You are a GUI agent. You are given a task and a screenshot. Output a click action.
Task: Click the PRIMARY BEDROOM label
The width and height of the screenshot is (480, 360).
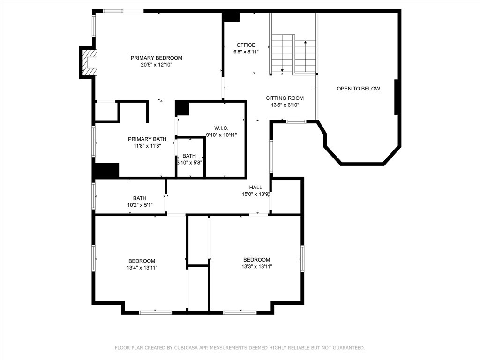pyautogui.click(x=156, y=58)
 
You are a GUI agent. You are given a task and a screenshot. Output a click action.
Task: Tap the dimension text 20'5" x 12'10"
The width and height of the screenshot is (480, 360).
pyautogui.click(x=156, y=65)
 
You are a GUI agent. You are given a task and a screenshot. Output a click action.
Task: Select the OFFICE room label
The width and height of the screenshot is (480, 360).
pyautogui.click(x=246, y=45)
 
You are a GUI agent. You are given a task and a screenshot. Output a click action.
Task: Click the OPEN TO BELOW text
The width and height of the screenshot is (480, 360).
pyautogui.click(x=358, y=89)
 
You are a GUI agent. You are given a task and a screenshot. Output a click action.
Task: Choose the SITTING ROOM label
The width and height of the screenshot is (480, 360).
pyautogui.click(x=285, y=98)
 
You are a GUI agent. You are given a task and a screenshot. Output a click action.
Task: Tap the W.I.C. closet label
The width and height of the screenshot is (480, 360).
pyautogui.click(x=221, y=127)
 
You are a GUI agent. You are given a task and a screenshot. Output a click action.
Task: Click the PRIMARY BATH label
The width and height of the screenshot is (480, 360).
pyautogui.click(x=147, y=139)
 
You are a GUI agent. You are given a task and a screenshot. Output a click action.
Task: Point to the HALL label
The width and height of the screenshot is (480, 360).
pyautogui.click(x=255, y=187)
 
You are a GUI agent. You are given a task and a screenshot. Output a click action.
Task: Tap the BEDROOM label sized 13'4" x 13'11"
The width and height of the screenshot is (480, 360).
pyautogui.click(x=142, y=261)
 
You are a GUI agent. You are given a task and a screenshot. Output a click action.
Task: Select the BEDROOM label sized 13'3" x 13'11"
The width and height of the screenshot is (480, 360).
pyautogui.click(x=256, y=260)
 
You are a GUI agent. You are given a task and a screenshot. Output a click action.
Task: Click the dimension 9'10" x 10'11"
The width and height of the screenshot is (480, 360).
pyautogui.click(x=221, y=135)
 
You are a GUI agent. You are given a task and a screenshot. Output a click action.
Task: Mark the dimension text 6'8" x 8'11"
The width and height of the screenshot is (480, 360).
pyautogui.click(x=246, y=52)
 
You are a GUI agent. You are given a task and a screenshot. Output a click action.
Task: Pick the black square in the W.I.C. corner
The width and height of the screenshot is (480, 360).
pyautogui.click(x=182, y=108)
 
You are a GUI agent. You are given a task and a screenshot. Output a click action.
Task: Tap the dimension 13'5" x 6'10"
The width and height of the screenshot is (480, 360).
pyautogui.click(x=285, y=105)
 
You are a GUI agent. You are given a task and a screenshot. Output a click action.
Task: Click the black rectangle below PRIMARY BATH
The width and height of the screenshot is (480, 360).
pyautogui.click(x=107, y=170)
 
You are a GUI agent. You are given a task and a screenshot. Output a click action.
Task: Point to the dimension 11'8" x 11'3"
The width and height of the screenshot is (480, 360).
pyautogui.click(x=147, y=146)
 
